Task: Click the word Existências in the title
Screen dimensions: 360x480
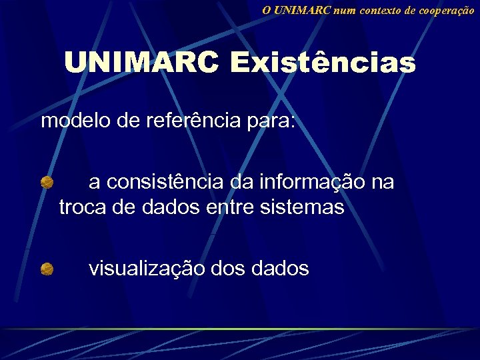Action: pos(323,64)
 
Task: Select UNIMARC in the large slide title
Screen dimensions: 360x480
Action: pos(141,64)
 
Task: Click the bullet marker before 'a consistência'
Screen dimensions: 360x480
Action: pos(46,182)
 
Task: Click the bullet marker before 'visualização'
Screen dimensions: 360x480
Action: pos(46,269)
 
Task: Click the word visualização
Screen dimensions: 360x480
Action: pos(147,269)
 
